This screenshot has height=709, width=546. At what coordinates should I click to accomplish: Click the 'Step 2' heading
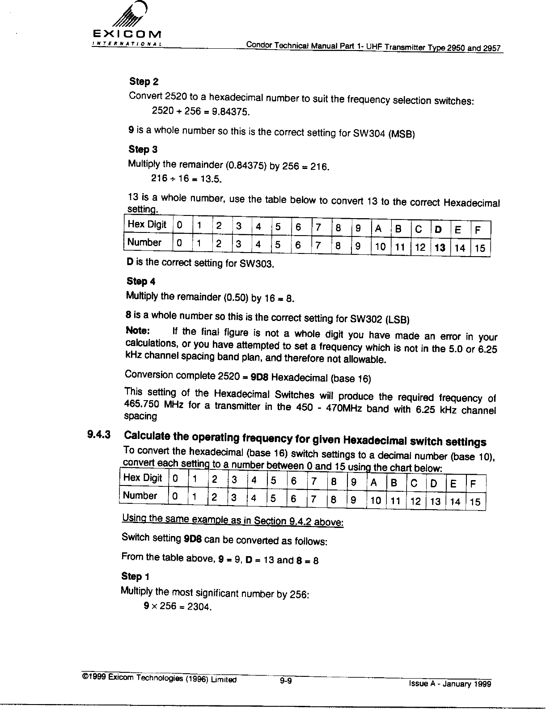pyautogui.click(x=144, y=81)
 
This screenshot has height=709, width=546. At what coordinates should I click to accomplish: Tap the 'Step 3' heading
pyautogui.click(x=143, y=149)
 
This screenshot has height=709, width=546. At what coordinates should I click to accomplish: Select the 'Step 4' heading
pyautogui.click(x=141, y=281)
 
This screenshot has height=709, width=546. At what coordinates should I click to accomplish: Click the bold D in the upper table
pyautogui.click(x=438, y=229)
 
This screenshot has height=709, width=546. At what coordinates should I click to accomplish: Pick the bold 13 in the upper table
pyautogui.click(x=440, y=248)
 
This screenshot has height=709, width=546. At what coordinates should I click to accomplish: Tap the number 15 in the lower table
pyautogui.click(x=475, y=502)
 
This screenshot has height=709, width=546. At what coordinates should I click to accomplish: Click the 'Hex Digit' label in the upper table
pyautogui.click(x=147, y=224)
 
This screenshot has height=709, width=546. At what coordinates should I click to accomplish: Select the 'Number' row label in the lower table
pyautogui.click(x=140, y=495)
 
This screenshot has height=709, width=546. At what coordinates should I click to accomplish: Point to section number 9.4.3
pyautogui.click(x=100, y=434)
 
